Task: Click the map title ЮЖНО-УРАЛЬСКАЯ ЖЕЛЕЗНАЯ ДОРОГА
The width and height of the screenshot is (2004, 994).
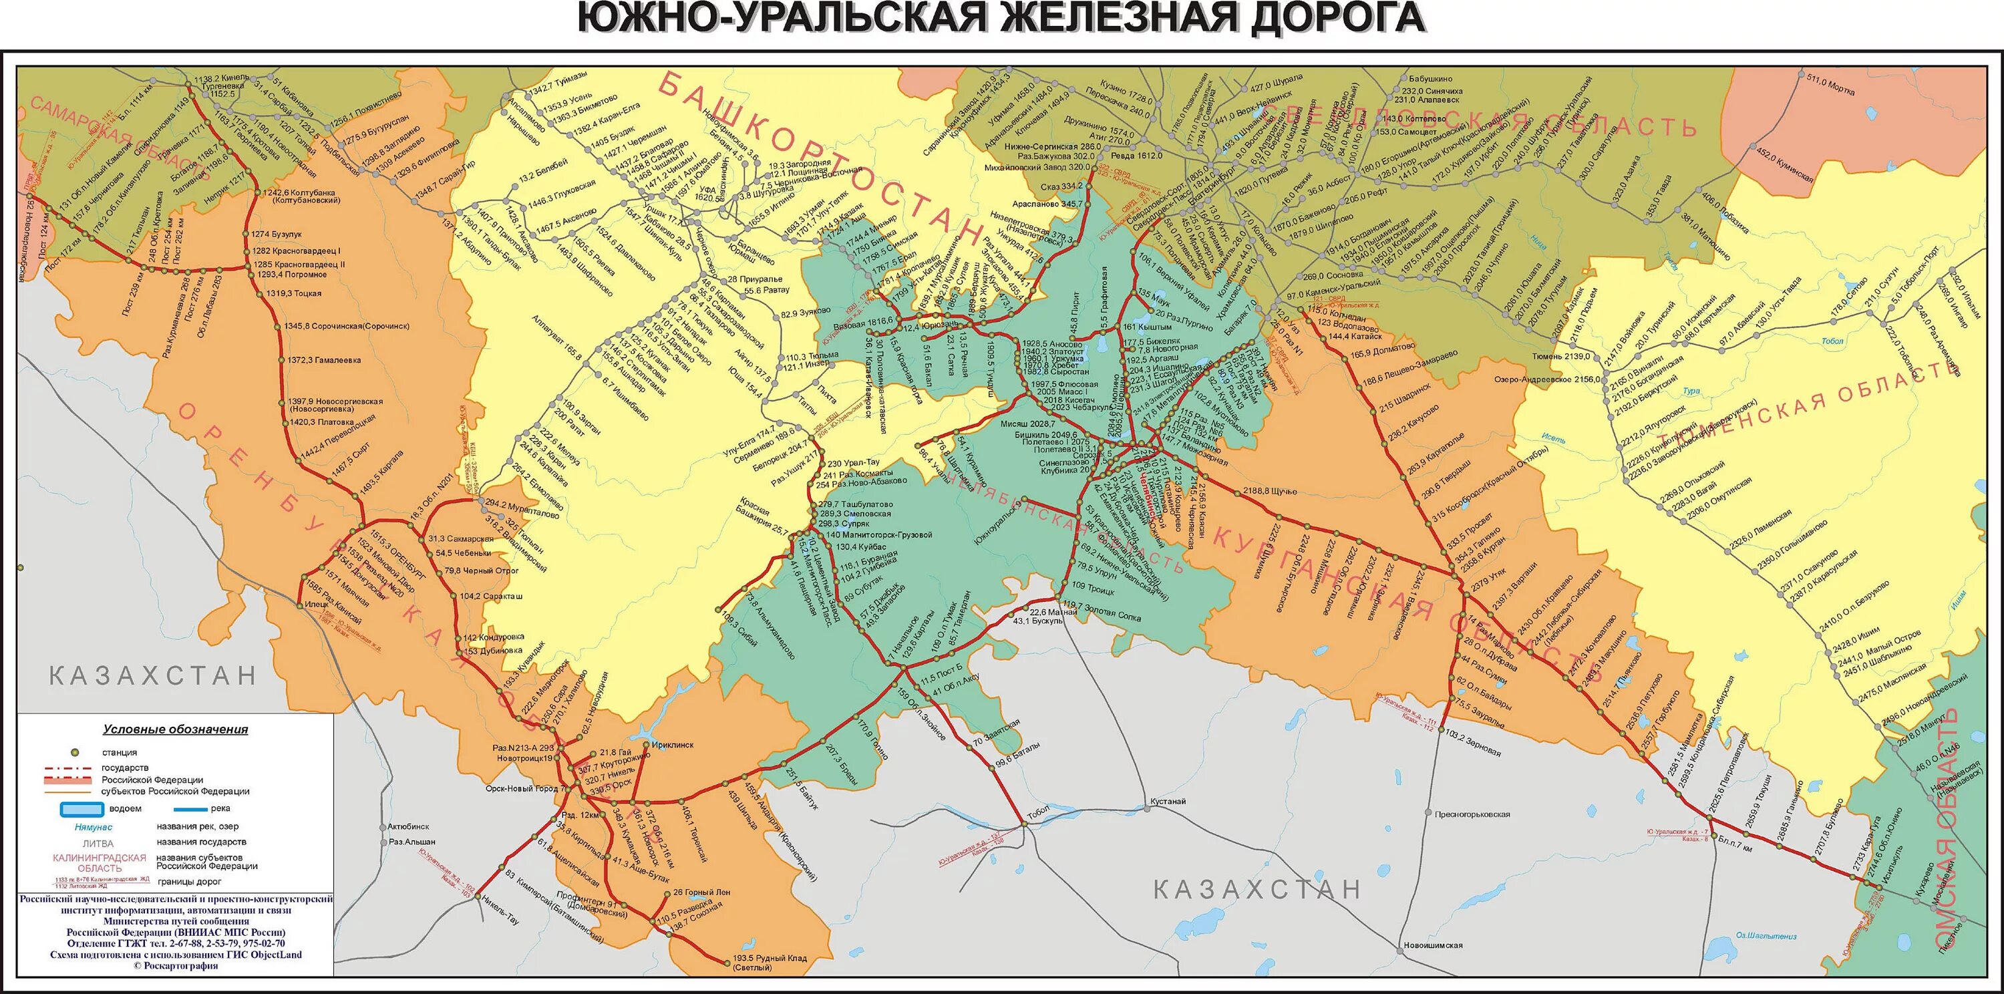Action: pyautogui.click(x=1001, y=19)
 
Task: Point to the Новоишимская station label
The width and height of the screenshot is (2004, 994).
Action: pyautogui.click(x=1433, y=946)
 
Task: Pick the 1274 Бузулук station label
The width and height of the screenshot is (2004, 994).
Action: pyautogui.click(x=276, y=234)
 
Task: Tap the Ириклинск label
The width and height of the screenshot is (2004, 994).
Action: pyautogui.click(x=672, y=744)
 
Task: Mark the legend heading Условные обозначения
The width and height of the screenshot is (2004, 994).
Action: pyautogui.click(x=176, y=729)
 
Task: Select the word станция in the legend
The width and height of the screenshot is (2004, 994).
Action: pyautogui.click(x=119, y=753)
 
